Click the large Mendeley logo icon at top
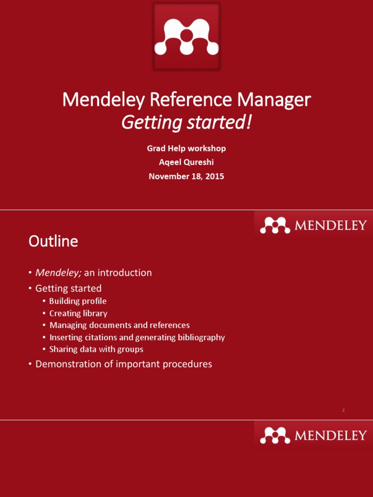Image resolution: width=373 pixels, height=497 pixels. coord(186,36)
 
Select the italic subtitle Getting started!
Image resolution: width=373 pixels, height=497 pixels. coord(186,123)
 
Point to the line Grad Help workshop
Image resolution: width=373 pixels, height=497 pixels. coord(186,149)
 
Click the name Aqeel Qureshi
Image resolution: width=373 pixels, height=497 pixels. coord(186,163)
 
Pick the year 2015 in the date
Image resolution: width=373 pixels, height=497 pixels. coord(215,177)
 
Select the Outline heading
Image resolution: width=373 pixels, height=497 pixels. coord(53,241)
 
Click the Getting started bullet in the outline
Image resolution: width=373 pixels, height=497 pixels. coord(68,289)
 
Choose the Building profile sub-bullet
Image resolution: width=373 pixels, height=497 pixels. coord(78,301)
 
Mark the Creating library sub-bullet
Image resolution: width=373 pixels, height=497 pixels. coord(78,314)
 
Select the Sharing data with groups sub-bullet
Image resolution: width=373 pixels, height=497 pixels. coord(96,349)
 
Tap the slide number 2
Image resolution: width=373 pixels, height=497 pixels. coord(343,411)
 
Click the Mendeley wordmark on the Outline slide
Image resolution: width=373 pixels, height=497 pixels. coord(330,226)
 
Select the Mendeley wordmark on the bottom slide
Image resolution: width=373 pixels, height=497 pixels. coord(330,435)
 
